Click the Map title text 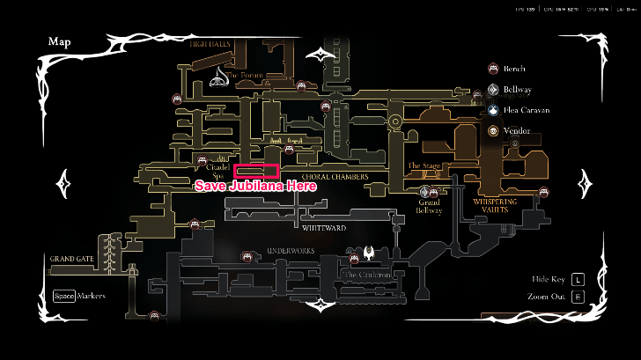tap(60, 41)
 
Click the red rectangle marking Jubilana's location tap(257, 172)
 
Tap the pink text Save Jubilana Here tap(254, 186)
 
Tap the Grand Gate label tap(72, 259)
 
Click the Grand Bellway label tap(430, 206)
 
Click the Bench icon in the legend tap(494, 68)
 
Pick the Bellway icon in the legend tap(494, 89)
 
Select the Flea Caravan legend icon tap(494, 110)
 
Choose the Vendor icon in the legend tap(494, 131)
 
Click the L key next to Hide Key tap(578, 279)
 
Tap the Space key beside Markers tap(63, 296)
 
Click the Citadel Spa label tap(217, 171)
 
